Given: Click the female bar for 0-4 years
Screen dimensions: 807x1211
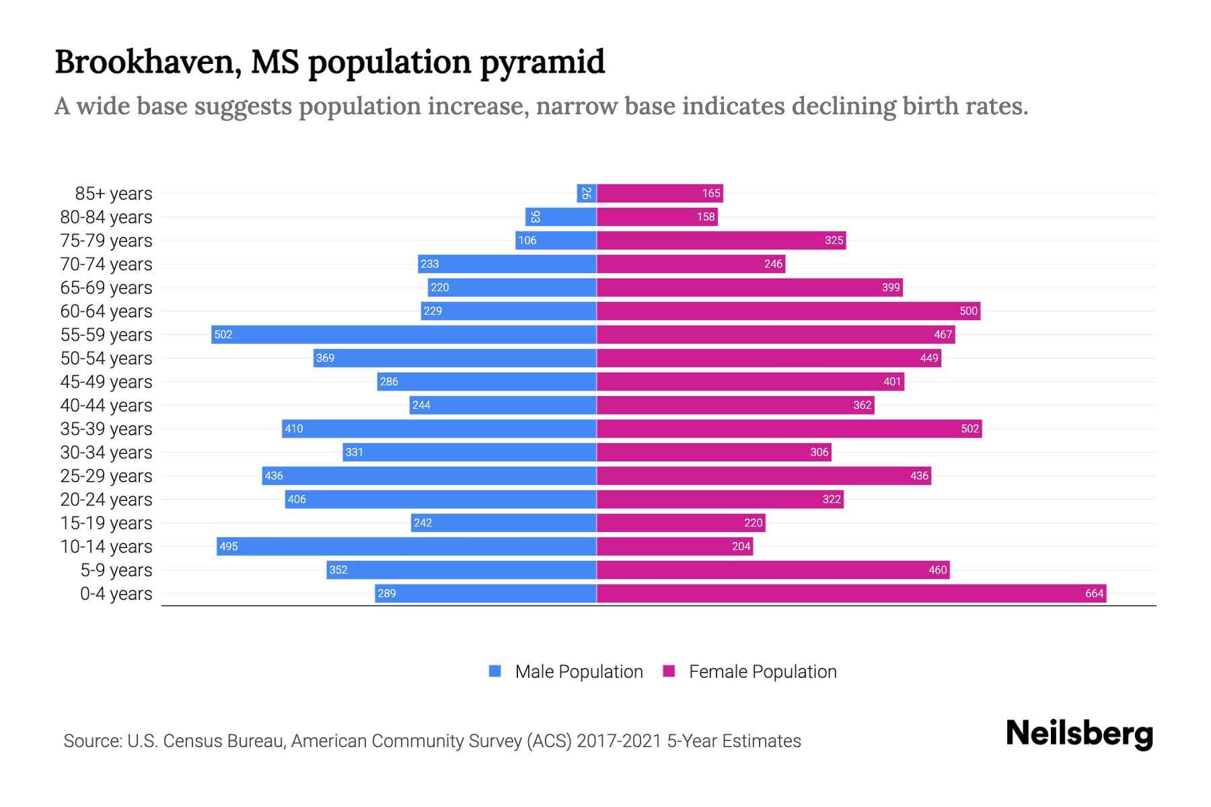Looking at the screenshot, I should tap(851, 593).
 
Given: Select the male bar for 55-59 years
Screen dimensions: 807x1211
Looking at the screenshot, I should tap(404, 334).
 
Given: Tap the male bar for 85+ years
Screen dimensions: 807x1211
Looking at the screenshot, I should tap(587, 193).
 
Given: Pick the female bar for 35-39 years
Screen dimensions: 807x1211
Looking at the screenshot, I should tap(788, 428).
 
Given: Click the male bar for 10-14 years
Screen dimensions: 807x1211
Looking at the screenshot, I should tap(406, 546).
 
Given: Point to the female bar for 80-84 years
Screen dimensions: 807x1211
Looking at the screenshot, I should tap(657, 217).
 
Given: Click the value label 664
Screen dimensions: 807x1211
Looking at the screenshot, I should tap(1094, 593).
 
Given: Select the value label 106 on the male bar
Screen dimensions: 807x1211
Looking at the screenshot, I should tap(527, 240).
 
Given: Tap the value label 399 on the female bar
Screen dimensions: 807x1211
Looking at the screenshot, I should tap(890, 287).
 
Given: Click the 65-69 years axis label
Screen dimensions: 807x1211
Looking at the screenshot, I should tap(106, 288).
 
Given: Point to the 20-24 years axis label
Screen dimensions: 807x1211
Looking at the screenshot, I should tap(106, 500).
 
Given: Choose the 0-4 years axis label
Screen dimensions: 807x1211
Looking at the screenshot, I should tap(116, 594).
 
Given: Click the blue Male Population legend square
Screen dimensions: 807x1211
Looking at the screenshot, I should tap(495, 671).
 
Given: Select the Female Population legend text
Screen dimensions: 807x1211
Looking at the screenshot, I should tap(762, 672).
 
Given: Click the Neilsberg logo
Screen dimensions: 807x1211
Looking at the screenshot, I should tap(1079, 734).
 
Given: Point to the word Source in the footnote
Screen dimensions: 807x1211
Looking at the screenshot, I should tap(91, 741).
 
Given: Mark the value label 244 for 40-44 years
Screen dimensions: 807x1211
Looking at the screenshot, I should tap(421, 405).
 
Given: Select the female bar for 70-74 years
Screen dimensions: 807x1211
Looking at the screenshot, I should tap(690, 264).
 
